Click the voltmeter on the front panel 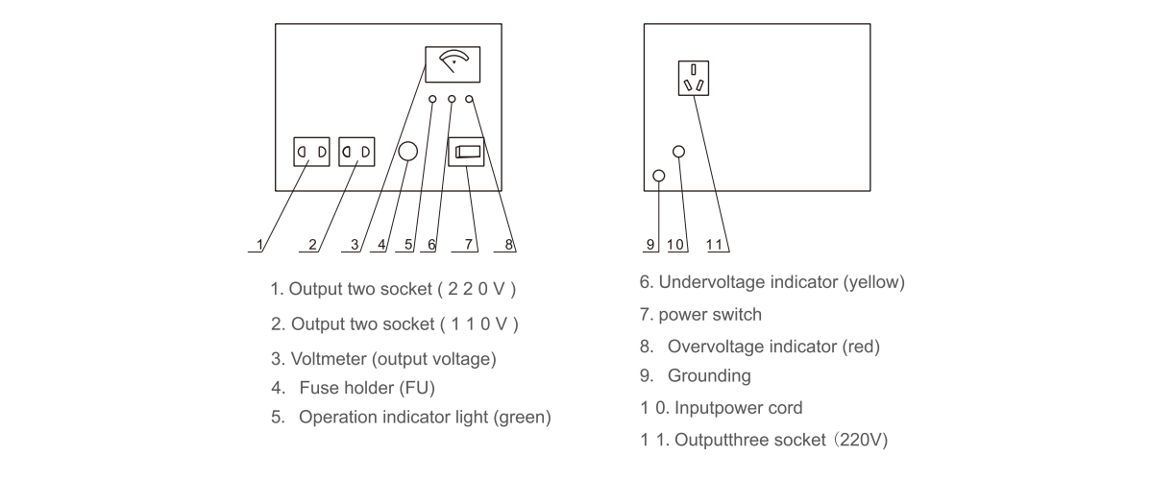tap(452, 64)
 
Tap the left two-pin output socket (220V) tap(311, 152)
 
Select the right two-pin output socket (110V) tap(356, 152)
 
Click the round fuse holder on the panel tap(407, 152)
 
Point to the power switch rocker tap(468, 151)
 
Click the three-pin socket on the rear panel tap(693, 78)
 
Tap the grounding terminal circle tap(658, 176)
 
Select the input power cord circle tap(678, 152)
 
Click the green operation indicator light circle tap(432, 99)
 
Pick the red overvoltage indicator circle tap(469, 99)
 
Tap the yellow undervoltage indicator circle tap(451, 99)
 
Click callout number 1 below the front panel tap(257, 244)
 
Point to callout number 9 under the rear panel tap(650, 244)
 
